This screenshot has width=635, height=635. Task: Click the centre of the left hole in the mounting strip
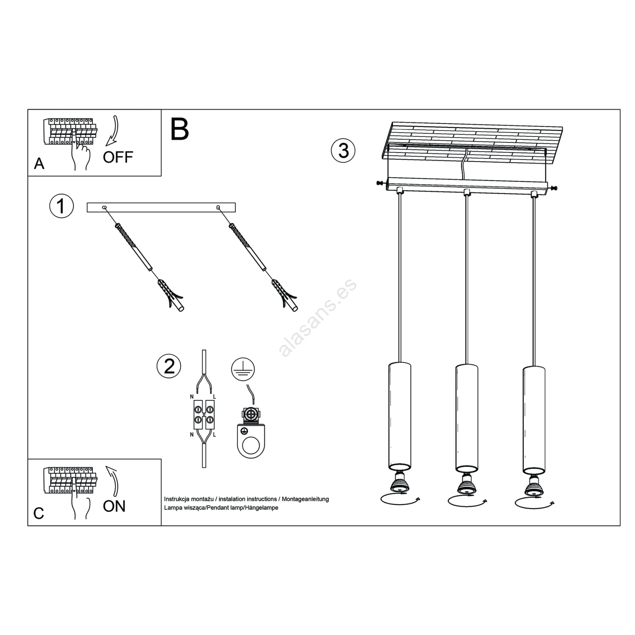[x=104, y=207]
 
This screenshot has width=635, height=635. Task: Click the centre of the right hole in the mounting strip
[x=218, y=207]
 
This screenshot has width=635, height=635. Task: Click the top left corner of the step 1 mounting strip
[x=87, y=203]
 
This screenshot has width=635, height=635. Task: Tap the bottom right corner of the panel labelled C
[x=161, y=526]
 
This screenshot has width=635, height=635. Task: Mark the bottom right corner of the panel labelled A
[x=161, y=176]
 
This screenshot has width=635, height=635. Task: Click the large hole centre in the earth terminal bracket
[x=251, y=445]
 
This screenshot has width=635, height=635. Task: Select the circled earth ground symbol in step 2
[x=243, y=369]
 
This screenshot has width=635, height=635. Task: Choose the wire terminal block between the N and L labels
[x=204, y=414]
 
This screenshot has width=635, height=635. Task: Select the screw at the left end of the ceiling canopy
[x=381, y=183]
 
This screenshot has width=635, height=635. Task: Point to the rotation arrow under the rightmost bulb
[x=535, y=502]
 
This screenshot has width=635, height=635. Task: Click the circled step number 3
[x=343, y=151]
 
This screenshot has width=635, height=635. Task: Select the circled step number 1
[x=62, y=206]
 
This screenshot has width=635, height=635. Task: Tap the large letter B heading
[x=179, y=129]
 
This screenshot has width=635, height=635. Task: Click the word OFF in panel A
[x=118, y=157]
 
